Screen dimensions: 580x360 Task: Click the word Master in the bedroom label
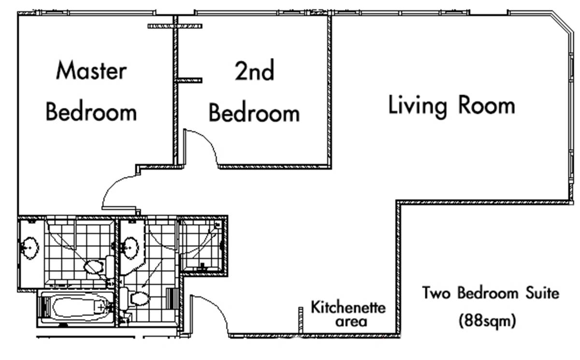[91, 70]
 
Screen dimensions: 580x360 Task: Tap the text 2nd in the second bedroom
[254, 70]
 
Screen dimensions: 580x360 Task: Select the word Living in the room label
[418, 107]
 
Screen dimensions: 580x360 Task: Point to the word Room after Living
[487, 104]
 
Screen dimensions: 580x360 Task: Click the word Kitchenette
[348, 307]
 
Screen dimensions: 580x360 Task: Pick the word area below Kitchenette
[351, 322]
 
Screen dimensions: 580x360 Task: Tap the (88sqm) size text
[487, 321]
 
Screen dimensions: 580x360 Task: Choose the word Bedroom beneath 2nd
[254, 113]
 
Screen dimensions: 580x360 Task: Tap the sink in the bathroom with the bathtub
[30, 248]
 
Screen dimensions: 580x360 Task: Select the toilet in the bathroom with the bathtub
[99, 267]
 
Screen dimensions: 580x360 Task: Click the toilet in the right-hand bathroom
[135, 299]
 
